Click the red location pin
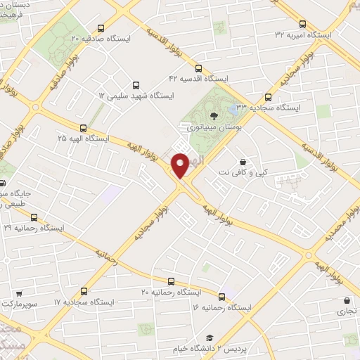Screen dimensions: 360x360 [x=181, y=165]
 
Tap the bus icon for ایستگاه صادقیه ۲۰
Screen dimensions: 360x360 [x=103, y=29]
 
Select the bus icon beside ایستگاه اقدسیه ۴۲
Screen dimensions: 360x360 [x=199, y=69]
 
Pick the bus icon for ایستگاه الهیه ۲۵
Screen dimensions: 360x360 [x=84, y=129]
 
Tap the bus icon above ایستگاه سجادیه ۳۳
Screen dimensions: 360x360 [x=268, y=98]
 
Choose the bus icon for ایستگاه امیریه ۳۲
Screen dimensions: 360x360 [x=303, y=24]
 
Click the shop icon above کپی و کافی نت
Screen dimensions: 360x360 [x=243, y=161]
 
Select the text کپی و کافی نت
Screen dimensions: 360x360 [x=234, y=172]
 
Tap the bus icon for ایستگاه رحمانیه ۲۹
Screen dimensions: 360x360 [x=33, y=217]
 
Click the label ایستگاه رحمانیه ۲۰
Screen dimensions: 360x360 [x=172, y=291]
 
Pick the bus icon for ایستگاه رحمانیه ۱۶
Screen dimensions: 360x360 [x=223, y=297]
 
